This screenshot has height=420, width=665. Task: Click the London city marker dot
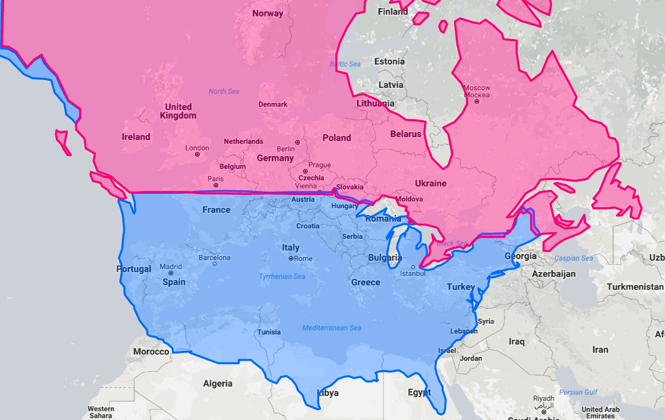coord(197,155)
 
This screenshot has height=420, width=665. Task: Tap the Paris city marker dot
coord(216,185)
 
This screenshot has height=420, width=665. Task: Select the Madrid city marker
coord(171,273)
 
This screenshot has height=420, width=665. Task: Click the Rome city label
coord(303,259)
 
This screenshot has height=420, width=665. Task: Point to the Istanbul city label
coord(412,274)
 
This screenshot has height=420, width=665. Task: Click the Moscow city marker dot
coord(476,101)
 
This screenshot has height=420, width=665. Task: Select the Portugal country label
coord(134,269)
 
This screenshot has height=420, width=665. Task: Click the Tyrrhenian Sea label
coord(282,276)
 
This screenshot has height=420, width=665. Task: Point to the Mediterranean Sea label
coord(332,328)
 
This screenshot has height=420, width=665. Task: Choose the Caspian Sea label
coord(573,258)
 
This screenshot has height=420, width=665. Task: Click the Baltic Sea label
coord(345,64)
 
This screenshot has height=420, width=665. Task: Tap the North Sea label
coord(224,92)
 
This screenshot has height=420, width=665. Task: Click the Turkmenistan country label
coord(635,287)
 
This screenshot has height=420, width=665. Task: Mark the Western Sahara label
coord(101,412)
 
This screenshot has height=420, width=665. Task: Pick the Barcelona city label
coord(214,258)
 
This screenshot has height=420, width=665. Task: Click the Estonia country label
coord(390,61)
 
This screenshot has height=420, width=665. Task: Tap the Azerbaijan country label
coord(554,274)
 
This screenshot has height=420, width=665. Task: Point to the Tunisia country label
coord(269,332)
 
